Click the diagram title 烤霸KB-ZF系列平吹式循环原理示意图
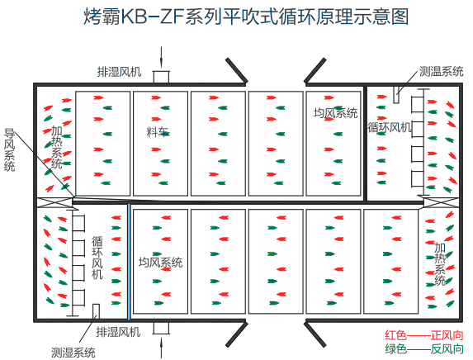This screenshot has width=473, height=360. pos(246,17)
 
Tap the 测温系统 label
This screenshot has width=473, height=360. pos(441,72)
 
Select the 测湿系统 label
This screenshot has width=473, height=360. pos(73,352)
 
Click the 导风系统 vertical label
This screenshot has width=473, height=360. pos(9,150)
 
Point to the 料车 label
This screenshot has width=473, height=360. pos(158,132)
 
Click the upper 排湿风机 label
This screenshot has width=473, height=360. pos(119,72)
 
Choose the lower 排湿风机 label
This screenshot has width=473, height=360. pos(118,332)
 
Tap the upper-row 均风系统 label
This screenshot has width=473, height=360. pos(335,113)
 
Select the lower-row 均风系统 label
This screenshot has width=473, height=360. pos(160,263)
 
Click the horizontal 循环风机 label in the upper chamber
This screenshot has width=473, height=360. pos(390,127)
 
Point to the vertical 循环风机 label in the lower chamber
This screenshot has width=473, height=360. pos(97,258)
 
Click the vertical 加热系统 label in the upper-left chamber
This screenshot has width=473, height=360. pos(57,147)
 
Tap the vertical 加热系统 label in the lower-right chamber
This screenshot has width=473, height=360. pos(440,263)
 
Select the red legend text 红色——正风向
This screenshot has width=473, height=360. pos(424,335)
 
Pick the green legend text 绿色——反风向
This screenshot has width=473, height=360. pos(424,348)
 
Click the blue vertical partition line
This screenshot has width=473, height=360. pos(129,261)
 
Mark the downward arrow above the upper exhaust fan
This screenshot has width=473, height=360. pos(162,57)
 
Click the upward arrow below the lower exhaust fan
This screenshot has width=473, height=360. pos(162,348)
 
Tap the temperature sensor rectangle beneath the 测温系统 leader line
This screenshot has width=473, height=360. pos(396,95)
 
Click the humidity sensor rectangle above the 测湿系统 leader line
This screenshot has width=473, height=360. pos(96,311)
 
